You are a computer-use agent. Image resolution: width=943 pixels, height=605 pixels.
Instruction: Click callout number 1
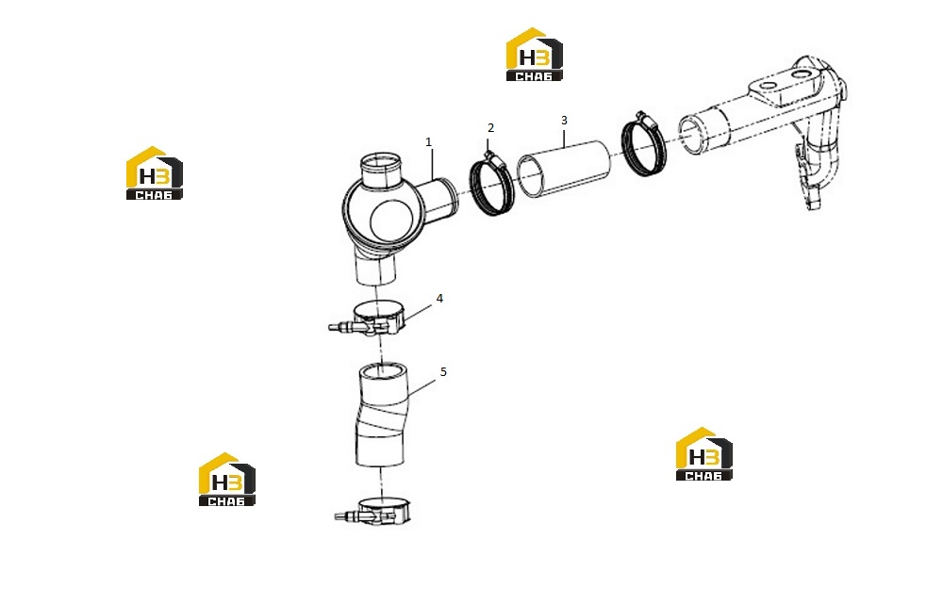pyautogui.click(x=428, y=141)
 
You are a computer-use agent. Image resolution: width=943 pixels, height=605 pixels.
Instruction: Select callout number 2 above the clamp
pyautogui.click(x=490, y=128)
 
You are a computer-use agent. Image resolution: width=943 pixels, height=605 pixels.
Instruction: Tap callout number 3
pyautogui.click(x=564, y=121)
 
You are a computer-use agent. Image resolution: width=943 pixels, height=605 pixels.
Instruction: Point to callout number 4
pyautogui.click(x=439, y=298)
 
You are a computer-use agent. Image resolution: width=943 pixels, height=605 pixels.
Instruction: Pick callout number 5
pyautogui.click(x=443, y=372)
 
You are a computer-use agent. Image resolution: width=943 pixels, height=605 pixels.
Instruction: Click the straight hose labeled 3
pyautogui.click(x=564, y=169)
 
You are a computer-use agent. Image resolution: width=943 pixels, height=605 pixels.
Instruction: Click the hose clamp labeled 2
pyautogui.click(x=492, y=185)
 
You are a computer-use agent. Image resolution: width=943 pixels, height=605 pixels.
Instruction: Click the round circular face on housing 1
pyautogui.click(x=391, y=221)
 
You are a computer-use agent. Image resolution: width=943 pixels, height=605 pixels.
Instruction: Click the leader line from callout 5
pyautogui.click(x=422, y=387)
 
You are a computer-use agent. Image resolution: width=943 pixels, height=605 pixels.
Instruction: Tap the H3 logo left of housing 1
pyautogui.click(x=154, y=173)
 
